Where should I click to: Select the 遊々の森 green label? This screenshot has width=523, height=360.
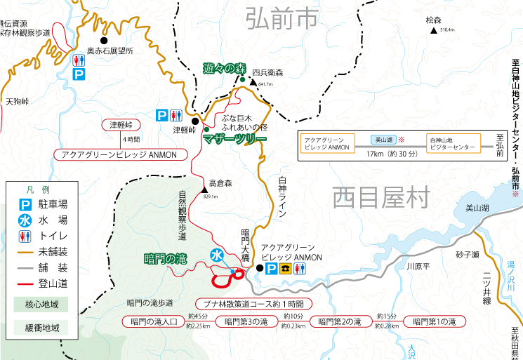pos(225,69)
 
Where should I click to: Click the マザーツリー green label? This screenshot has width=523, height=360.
pos(234,139)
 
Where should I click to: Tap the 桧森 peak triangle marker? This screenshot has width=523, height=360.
pos(435,30)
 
